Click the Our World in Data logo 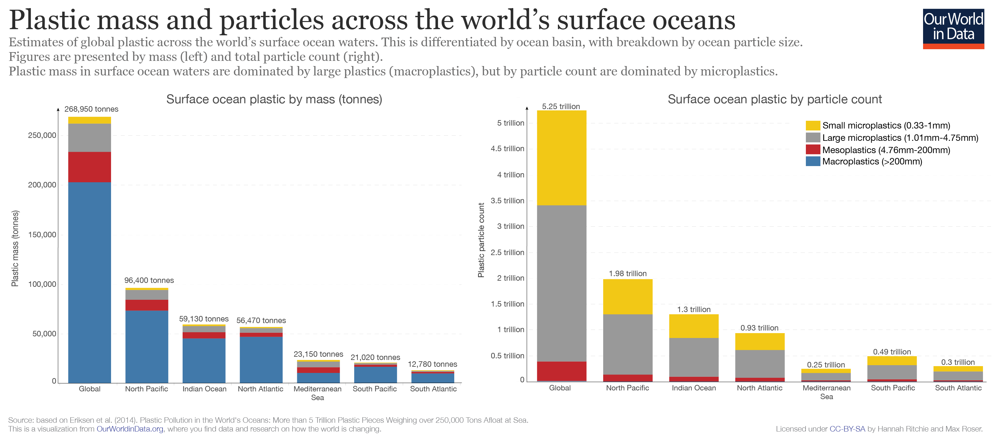pyautogui.click(x=953, y=28)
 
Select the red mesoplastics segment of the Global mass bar pyautogui.click(x=89, y=167)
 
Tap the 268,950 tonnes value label pyautogui.click(x=91, y=109)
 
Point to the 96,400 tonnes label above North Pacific pyautogui.click(x=149, y=280)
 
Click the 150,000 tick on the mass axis pyautogui.click(x=42, y=234)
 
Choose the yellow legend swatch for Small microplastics pyautogui.click(x=812, y=125)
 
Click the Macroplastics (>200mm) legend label pyautogui.click(x=872, y=162)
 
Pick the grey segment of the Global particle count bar pyautogui.click(x=561, y=283)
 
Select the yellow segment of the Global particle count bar pyautogui.click(x=561, y=158)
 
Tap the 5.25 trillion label pyautogui.click(x=560, y=107)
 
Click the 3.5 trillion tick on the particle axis pyautogui.click(x=507, y=200)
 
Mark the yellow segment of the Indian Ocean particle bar pyautogui.click(x=694, y=326)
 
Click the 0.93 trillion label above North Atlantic pyautogui.click(x=759, y=328)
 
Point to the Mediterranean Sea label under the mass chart pyautogui.click(x=317, y=393)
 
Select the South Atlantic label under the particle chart pyautogui.click(x=958, y=388)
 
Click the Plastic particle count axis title pyautogui.click(x=481, y=240)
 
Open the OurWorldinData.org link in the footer pyautogui.click(x=130, y=429)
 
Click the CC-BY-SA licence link pyautogui.click(x=847, y=429)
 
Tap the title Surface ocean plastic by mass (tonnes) pyautogui.click(x=274, y=99)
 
